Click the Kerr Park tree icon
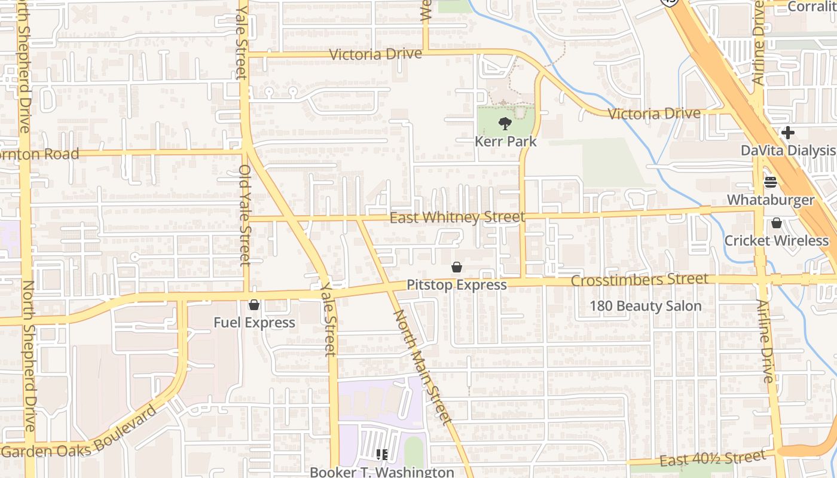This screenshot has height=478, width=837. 505,124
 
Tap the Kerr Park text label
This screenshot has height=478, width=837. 505,142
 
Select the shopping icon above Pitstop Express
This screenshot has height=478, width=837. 457,267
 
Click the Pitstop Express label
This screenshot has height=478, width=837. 457,285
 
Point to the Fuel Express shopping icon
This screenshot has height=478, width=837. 254,305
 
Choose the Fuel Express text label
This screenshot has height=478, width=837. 254,323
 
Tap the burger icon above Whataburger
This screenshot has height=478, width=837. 771,182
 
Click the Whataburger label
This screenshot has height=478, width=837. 771,200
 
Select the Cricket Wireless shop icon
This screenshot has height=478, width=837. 776,223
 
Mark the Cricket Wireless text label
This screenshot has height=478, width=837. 776,241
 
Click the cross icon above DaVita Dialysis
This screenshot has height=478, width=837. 788,133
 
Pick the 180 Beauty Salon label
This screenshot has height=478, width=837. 645,306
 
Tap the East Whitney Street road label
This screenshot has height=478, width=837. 457,217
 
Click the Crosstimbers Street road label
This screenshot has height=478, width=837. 639,280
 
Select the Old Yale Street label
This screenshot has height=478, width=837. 245,215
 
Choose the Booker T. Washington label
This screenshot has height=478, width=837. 381,471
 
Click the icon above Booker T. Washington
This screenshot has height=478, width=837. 382,455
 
